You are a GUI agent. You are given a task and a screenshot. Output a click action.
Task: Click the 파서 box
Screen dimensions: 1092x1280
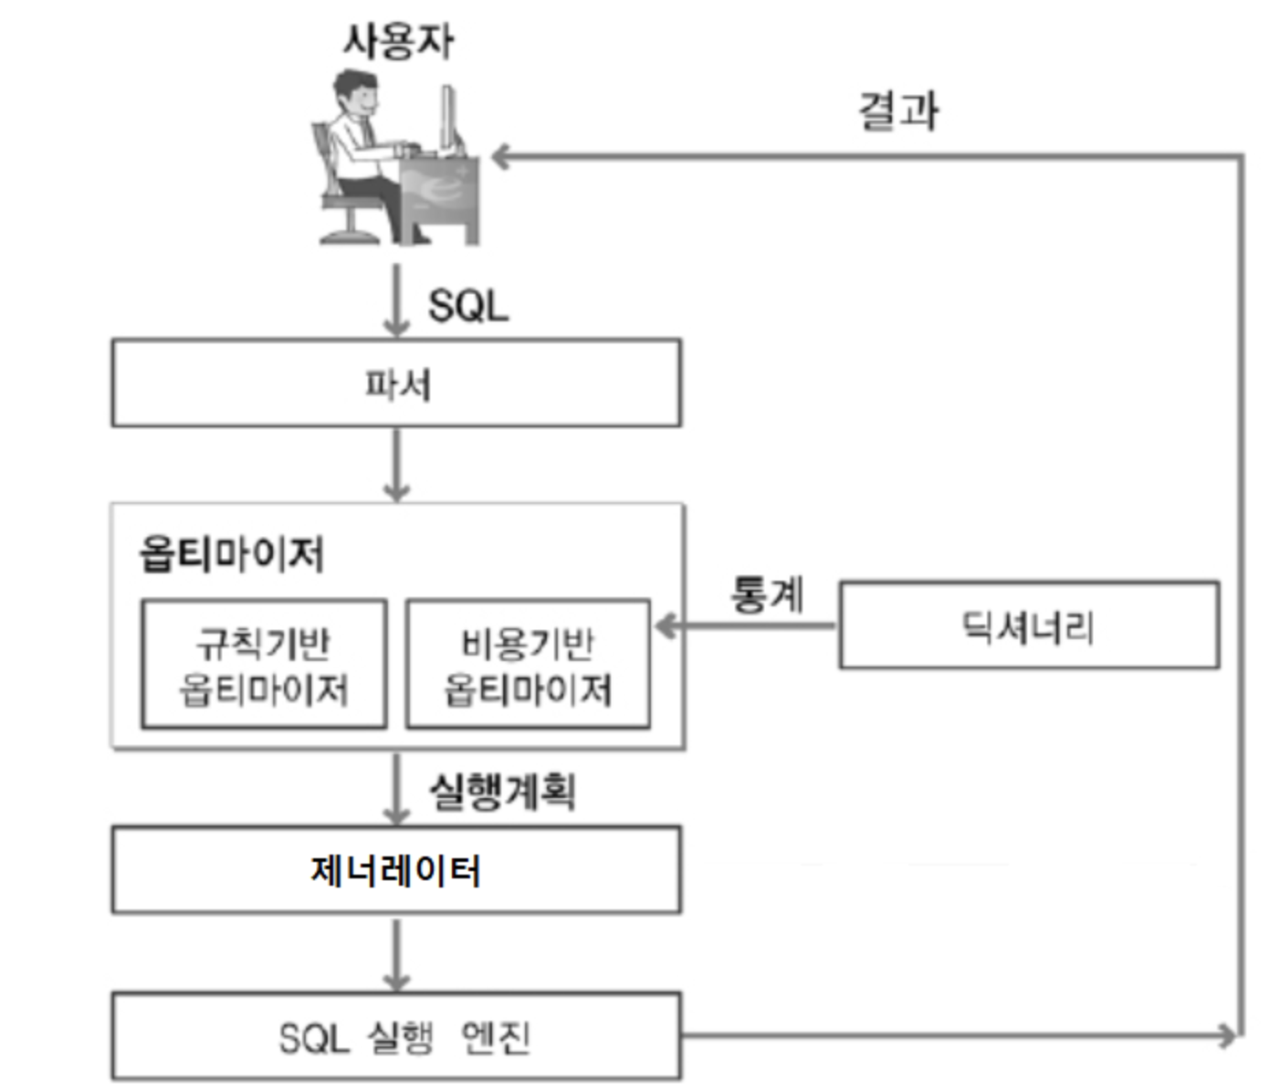point(395,383)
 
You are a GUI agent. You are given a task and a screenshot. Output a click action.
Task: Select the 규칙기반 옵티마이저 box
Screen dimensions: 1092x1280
point(264,665)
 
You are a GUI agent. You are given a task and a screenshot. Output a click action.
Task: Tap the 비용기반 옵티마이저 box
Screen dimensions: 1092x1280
point(528,665)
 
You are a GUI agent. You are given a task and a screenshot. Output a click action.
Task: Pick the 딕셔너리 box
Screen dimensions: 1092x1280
point(1028,626)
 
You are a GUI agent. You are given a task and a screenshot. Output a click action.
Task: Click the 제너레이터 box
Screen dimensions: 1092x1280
point(395,870)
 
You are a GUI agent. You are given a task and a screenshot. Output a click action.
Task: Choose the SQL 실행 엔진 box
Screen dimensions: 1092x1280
point(395,1037)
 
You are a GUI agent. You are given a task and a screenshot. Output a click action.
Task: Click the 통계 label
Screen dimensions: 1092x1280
point(767,594)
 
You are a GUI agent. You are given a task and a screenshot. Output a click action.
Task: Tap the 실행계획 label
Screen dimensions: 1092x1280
point(502,791)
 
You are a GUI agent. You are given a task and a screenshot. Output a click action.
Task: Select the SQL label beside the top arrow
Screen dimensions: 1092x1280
point(467,306)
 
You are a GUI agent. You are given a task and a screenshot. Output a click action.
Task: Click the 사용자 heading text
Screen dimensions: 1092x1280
point(398,41)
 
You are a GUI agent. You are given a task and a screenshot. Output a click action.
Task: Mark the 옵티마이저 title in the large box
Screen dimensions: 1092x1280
point(231,553)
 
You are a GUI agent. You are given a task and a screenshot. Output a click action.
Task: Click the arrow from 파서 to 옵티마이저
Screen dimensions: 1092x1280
point(396,465)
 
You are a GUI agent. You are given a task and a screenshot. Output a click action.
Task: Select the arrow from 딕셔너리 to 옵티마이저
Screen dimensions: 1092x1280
point(745,626)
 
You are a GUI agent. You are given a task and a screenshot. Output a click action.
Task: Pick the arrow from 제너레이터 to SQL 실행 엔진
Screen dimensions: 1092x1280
point(396,953)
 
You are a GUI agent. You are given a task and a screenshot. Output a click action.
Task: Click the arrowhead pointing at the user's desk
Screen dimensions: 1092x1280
point(500,157)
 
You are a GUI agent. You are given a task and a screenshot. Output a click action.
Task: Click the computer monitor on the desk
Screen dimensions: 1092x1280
point(449,119)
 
